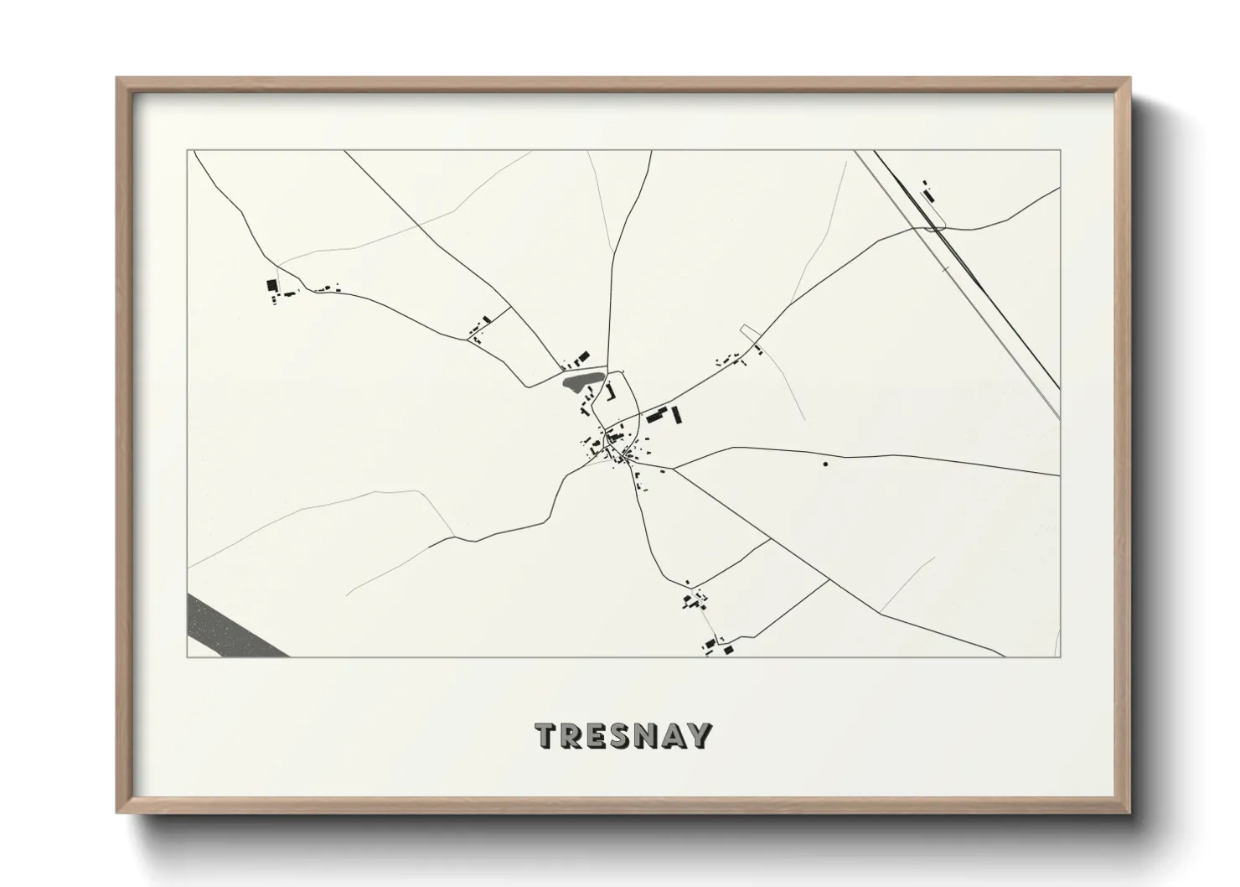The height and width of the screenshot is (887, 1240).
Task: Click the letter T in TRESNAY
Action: (547, 736)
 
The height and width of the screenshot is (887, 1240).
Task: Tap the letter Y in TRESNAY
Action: (699, 736)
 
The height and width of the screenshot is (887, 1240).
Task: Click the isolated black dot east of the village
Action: (825, 463)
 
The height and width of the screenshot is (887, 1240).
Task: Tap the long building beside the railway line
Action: (928, 195)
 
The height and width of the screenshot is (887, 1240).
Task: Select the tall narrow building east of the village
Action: (677, 413)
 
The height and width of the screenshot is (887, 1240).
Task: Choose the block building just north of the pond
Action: (586, 355)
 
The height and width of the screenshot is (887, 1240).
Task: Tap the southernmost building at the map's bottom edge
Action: (728, 649)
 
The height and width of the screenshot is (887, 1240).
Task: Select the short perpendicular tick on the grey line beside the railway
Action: (945, 269)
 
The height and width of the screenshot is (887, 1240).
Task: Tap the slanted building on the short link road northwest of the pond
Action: (484, 319)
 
